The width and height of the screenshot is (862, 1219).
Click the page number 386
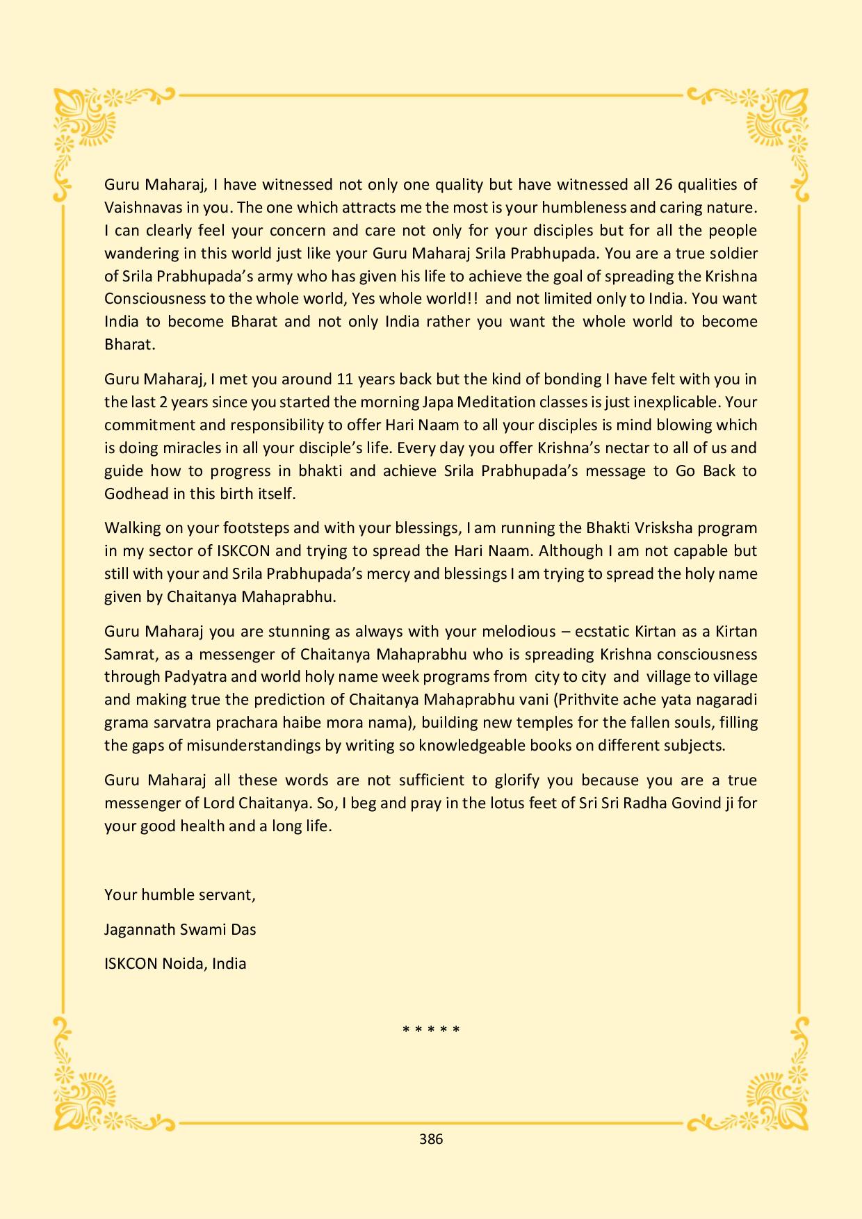[431, 1139]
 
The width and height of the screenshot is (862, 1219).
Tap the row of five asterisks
[431, 1030]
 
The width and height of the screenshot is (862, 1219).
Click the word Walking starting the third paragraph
[132, 528]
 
